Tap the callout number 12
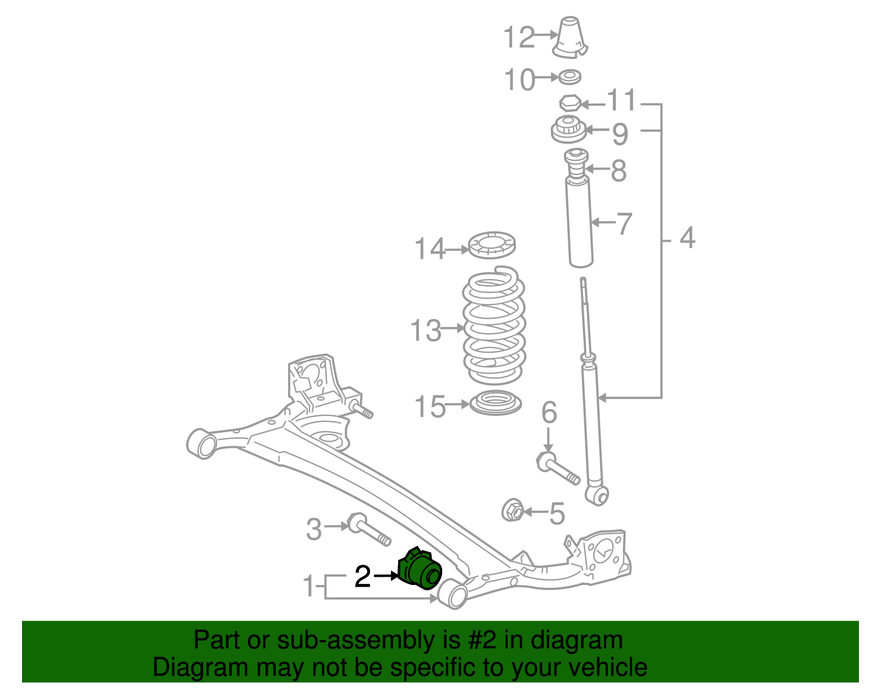click(519, 37)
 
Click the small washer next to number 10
click(570, 77)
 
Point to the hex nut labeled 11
click(570, 103)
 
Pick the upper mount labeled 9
click(568, 130)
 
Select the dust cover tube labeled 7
click(580, 223)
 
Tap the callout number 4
click(688, 238)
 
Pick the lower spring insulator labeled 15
click(496, 403)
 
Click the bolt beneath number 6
click(558, 468)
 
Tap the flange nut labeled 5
click(513, 511)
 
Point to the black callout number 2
click(362, 576)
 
